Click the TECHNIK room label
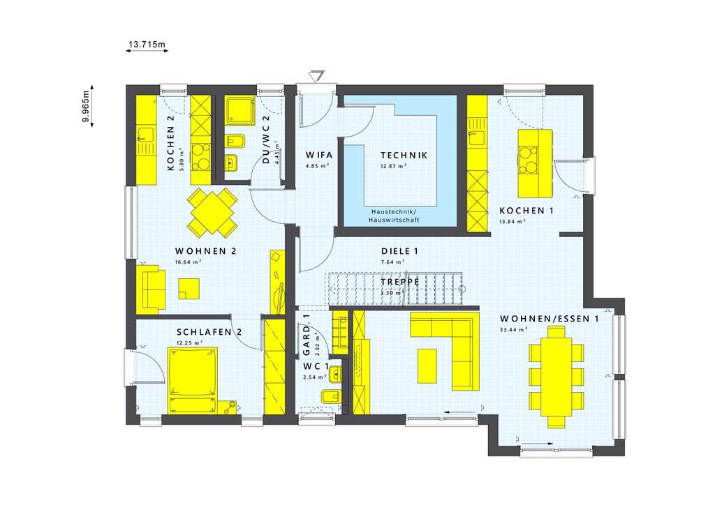pyautogui.click(x=404, y=155)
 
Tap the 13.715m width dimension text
pyautogui.click(x=147, y=45)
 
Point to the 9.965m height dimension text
pyautogui.click(x=85, y=107)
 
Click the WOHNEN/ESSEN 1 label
pyautogui.click(x=549, y=319)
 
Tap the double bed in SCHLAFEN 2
pyautogui.click(x=193, y=372)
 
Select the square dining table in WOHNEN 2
pyautogui.click(x=212, y=211)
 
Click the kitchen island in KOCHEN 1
pyautogui.click(x=534, y=163)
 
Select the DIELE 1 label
pyautogui.click(x=399, y=251)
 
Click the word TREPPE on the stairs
pyautogui.click(x=399, y=282)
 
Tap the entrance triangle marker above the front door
pyautogui.click(x=318, y=75)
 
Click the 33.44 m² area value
pyautogui.click(x=513, y=330)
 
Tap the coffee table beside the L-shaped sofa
pyautogui.click(x=427, y=365)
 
